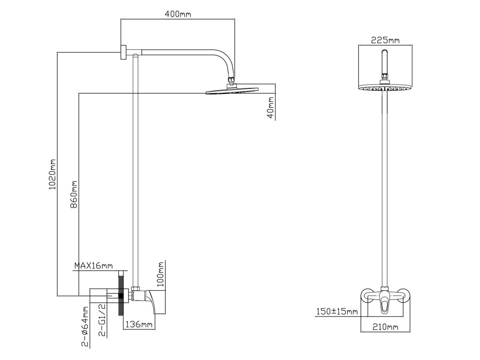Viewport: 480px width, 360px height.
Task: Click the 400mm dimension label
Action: pyautogui.click(x=178, y=14)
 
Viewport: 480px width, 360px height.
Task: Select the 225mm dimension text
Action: pyautogui.click(x=385, y=40)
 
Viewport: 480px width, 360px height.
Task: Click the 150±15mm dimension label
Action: pyautogui.click(x=336, y=311)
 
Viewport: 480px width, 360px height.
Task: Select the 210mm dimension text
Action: pyautogui.click(x=385, y=328)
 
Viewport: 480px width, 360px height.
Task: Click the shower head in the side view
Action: pyautogui.click(x=232, y=91)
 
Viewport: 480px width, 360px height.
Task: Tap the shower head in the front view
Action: pyautogui.click(x=385, y=88)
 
